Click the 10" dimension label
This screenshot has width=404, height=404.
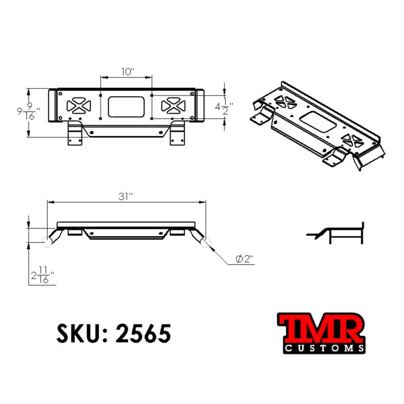[127, 71]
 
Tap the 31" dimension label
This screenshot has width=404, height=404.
[126, 196]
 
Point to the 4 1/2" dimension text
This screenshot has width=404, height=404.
[223, 108]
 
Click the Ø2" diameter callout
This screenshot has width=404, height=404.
[244, 259]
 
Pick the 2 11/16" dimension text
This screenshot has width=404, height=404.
[42, 277]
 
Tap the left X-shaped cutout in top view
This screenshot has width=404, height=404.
[78, 106]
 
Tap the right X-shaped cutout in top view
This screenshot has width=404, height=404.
[174, 106]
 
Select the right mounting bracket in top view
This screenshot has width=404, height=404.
[177, 134]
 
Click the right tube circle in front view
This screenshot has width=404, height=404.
[205, 242]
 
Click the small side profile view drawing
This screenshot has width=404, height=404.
[336, 232]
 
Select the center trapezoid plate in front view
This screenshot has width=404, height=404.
[126, 234]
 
